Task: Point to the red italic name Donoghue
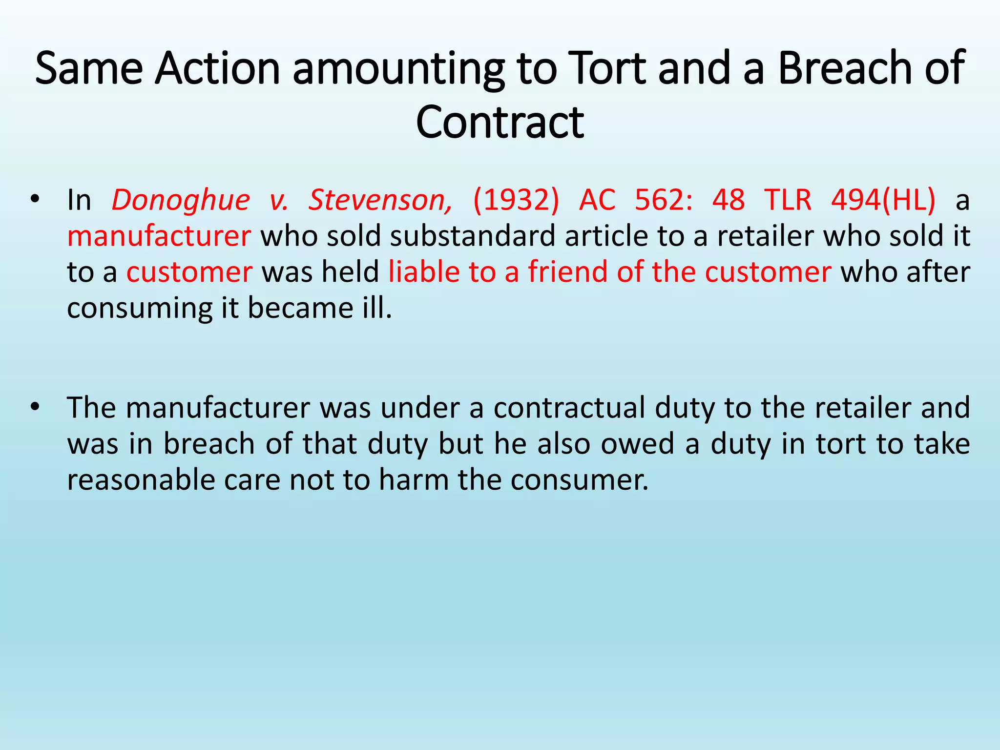click(181, 200)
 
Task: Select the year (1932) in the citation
click(516, 200)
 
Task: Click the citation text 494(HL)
click(883, 200)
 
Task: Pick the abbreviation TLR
click(788, 200)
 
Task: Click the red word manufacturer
click(159, 236)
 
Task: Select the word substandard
click(473, 236)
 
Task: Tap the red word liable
click(423, 272)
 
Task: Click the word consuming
click(140, 309)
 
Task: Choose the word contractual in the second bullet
click(569, 408)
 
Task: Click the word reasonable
click(140, 480)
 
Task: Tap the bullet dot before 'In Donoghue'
click(34, 199)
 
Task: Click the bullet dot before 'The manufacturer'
click(34, 406)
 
